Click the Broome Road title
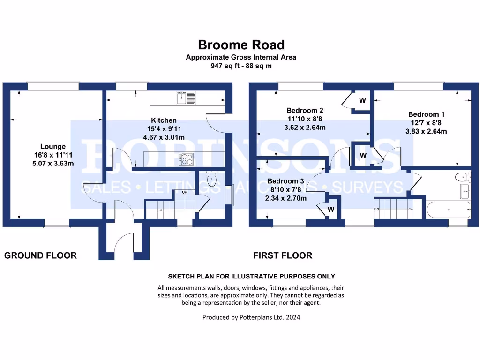[241, 45]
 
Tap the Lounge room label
[52, 147]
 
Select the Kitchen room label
[164, 120]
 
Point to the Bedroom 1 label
[426, 114]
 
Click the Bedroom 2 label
[305, 111]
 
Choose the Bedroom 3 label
[285, 181]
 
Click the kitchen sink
[187, 98]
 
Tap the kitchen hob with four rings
[187, 159]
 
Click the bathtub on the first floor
[448, 209]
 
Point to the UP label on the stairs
[179, 192]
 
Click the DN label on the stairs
[376, 208]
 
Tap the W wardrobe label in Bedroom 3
[330, 210]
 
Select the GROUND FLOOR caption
[40, 255]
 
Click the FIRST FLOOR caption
[283, 255]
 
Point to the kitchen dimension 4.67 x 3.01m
[164, 137]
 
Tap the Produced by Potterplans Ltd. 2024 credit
[251, 317]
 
